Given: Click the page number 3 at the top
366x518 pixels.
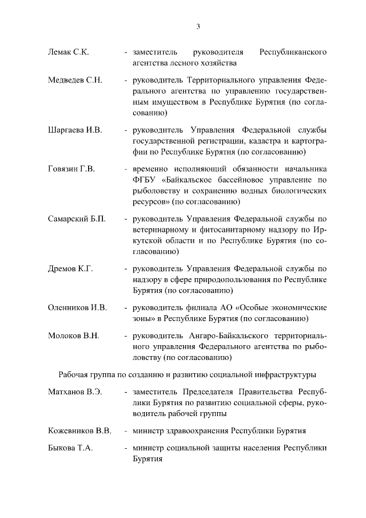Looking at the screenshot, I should coord(198,26).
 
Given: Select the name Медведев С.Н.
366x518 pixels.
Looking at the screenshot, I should coord(74,80).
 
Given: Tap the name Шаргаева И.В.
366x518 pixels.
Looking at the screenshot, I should coord(74,130).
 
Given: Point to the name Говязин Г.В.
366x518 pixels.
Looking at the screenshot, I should coord(71,169).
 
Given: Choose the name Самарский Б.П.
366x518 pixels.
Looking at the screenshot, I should coord(77,219).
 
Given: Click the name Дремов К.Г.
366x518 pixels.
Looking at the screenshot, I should coord(70,268).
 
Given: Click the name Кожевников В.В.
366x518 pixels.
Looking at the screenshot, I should coord(79,430).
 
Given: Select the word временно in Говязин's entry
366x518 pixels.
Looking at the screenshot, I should coord(150,169).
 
